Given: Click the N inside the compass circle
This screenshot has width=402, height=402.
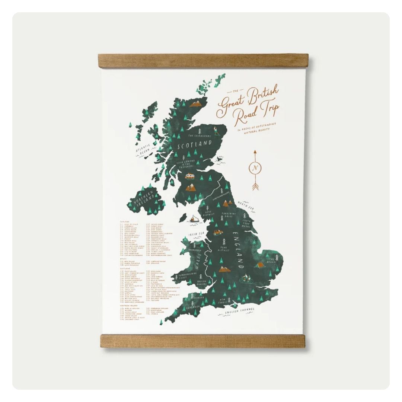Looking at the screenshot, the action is (x=255, y=168).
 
